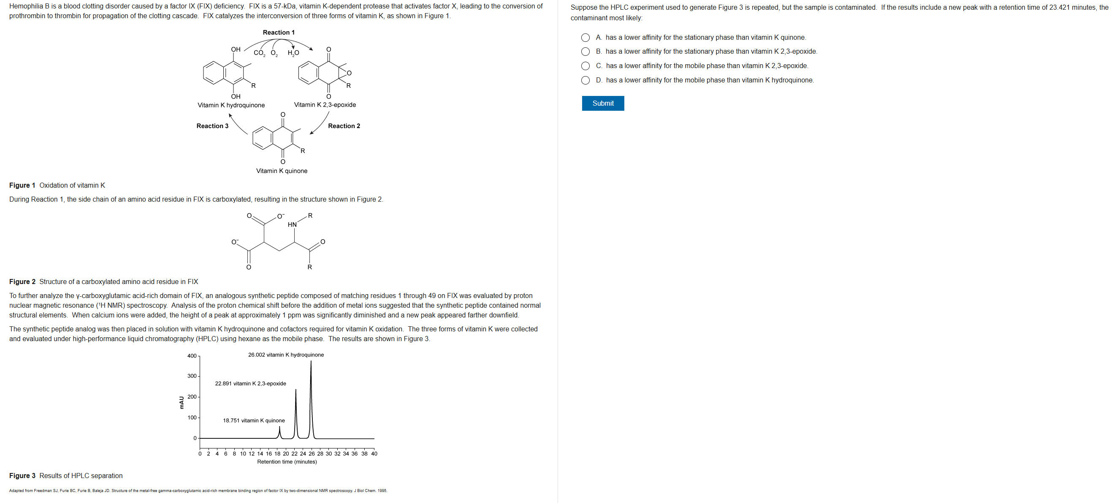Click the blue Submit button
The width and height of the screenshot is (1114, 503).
(x=602, y=104)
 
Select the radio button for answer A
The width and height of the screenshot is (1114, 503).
(x=585, y=38)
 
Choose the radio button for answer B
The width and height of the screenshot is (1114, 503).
(x=585, y=52)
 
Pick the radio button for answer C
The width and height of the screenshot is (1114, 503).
(x=585, y=66)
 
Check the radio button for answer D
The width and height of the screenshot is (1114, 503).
(x=585, y=80)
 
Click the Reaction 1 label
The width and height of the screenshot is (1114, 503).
(x=279, y=33)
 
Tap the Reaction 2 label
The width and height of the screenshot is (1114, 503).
(x=344, y=126)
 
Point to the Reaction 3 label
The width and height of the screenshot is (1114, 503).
(x=212, y=126)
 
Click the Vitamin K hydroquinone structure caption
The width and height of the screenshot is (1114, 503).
(x=231, y=105)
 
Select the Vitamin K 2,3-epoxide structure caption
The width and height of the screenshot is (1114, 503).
(x=325, y=105)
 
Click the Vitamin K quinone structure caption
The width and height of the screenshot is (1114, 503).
(x=282, y=171)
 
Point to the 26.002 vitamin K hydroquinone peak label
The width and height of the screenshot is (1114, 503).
(x=286, y=355)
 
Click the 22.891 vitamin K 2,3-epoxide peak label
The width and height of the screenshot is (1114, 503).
(x=250, y=383)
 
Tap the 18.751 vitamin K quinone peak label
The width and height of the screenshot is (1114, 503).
(x=254, y=421)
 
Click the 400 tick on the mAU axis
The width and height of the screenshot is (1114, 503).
(x=192, y=356)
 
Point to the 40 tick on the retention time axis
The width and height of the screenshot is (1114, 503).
(x=374, y=454)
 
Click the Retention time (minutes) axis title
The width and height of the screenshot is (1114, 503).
(x=287, y=462)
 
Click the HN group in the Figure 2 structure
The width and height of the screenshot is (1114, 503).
(x=293, y=225)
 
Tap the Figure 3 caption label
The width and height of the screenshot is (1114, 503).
(x=22, y=476)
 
